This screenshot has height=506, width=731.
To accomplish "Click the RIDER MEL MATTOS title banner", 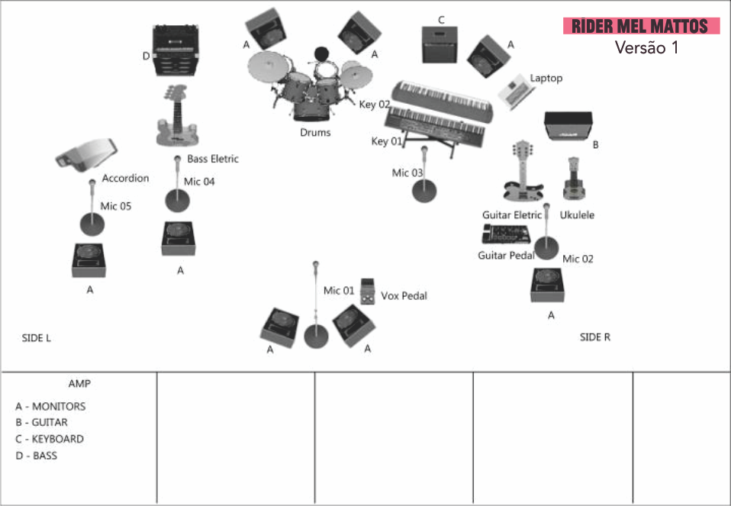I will click(641, 26).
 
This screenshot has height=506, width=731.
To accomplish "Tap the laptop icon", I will click(515, 91).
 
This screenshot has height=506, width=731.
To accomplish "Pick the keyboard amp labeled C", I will click(440, 45).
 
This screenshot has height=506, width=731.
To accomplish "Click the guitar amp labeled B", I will click(568, 126).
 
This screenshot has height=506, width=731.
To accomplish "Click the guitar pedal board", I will click(507, 234).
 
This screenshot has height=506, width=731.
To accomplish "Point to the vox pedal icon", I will click(368, 291).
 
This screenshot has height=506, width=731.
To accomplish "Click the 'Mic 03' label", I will click(407, 173).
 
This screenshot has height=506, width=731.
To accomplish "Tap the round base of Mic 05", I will click(92, 224).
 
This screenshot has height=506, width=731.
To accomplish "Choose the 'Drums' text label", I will click(315, 133).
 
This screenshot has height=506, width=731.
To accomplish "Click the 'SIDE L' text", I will click(37, 338).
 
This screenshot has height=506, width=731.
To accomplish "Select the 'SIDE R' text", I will click(595, 337).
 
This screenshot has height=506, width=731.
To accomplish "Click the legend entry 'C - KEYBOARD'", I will click(50, 440).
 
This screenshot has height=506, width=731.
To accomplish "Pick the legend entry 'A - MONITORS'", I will click(50, 407).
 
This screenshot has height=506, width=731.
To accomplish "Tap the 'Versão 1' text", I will click(646, 47).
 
